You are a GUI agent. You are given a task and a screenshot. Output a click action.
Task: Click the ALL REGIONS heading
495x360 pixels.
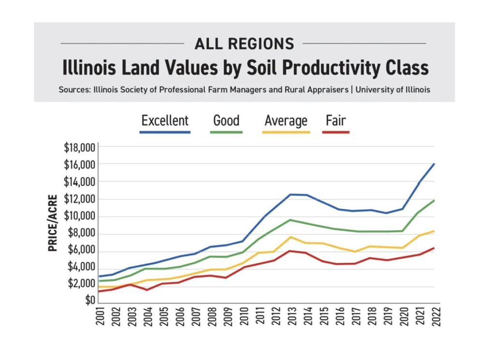click(x=244, y=44)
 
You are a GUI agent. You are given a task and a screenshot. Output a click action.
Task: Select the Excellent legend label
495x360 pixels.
click(x=165, y=120)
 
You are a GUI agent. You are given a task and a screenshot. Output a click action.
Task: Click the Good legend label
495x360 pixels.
click(x=226, y=120)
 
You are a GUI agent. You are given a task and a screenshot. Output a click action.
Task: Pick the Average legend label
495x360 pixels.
click(x=286, y=120)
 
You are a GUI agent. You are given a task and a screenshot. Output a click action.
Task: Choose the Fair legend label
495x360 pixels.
click(x=336, y=120)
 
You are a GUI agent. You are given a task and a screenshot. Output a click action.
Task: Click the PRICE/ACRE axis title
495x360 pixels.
click(x=53, y=223)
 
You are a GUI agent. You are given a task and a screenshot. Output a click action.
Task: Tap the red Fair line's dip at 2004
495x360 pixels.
click(x=147, y=289)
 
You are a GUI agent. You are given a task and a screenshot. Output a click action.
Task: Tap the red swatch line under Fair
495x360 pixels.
click(x=336, y=132)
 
